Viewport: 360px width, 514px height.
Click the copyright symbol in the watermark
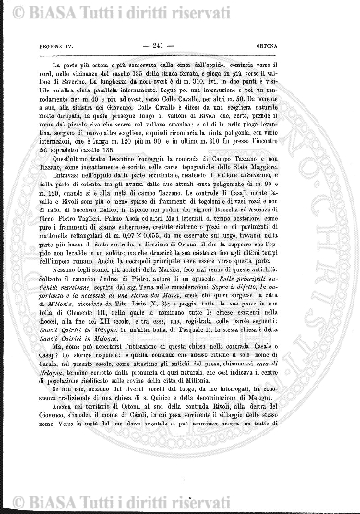tap(10, 11)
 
